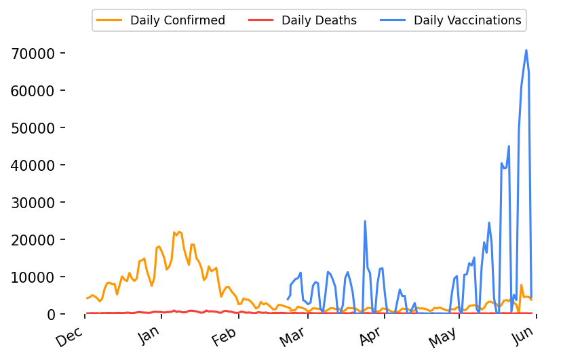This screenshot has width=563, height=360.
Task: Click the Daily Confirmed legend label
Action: click(x=178, y=20)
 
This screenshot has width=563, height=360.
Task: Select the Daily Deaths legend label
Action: click(x=319, y=20)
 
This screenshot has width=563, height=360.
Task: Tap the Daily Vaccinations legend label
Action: click(x=467, y=20)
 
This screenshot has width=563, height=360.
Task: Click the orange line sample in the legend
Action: click(x=110, y=20)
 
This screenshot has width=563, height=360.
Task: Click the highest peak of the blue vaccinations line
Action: click(x=526, y=50)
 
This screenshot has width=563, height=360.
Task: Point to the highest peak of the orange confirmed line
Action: click(x=179, y=232)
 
